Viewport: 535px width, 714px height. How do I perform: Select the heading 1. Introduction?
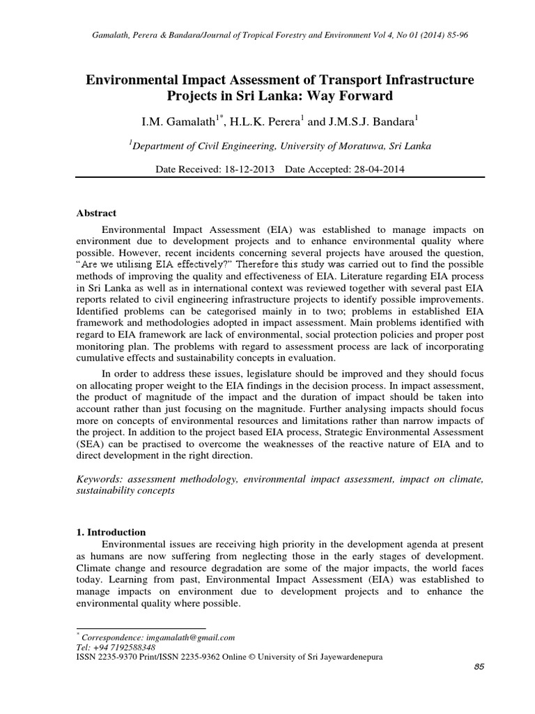point(111,532)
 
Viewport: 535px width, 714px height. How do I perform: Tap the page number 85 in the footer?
point(479,667)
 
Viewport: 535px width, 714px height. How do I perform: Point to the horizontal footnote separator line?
point(140,629)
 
